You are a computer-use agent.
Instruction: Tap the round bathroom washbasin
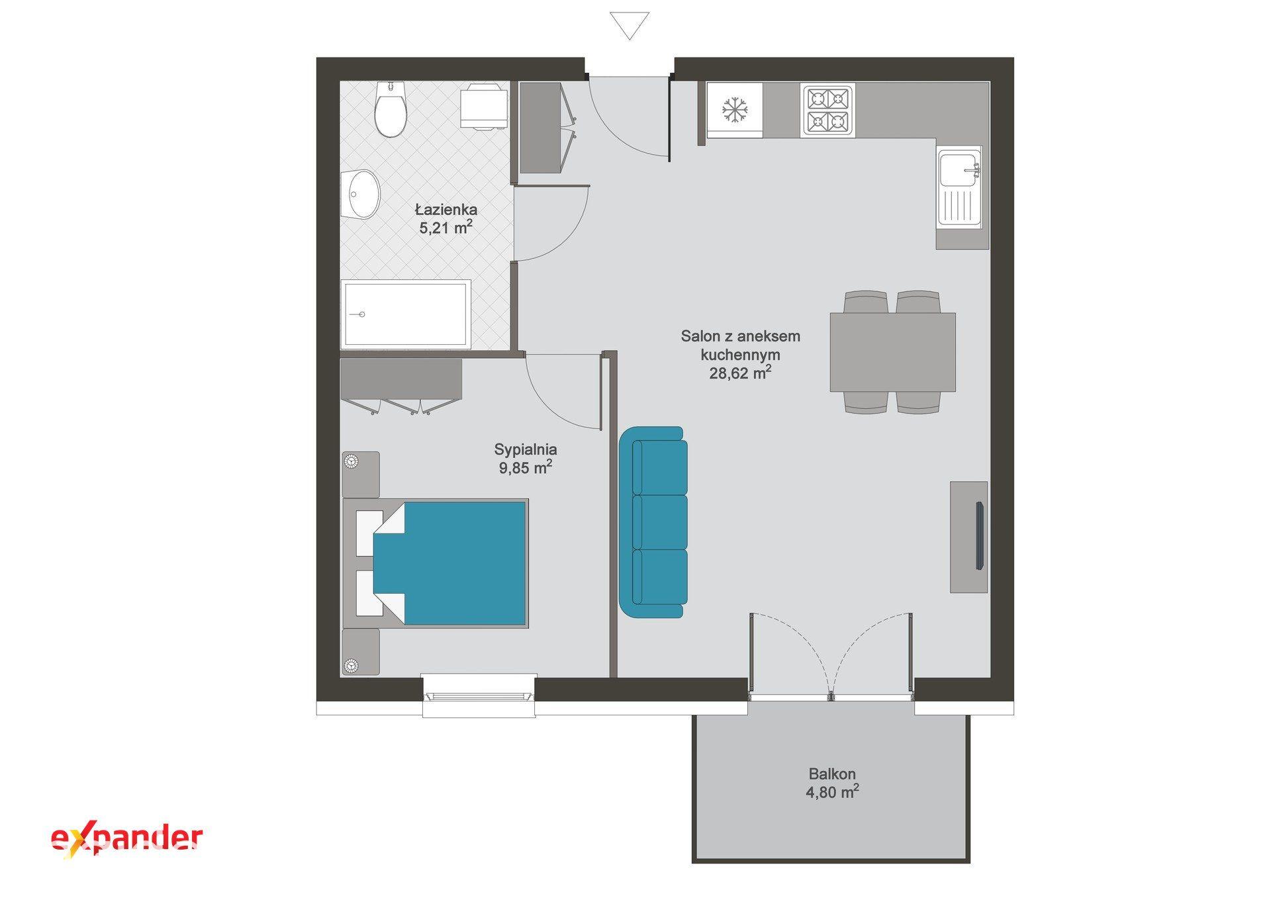pyautogui.click(x=361, y=194)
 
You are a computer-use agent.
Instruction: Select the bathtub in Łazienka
pyautogui.click(x=405, y=314)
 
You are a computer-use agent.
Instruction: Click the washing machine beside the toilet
pyautogui.click(x=484, y=105)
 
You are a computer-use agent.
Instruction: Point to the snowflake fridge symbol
pyautogui.click(x=733, y=110)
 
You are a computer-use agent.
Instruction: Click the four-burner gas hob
pyautogui.click(x=827, y=110)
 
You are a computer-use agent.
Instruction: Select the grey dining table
pyautogui.click(x=892, y=351)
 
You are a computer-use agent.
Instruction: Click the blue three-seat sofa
pyautogui.click(x=653, y=522)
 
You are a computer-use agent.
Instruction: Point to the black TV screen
pyautogui.click(x=979, y=535)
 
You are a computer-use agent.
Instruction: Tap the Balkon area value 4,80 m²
pyautogui.click(x=832, y=791)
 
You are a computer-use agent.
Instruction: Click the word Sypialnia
pyautogui.click(x=526, y=449)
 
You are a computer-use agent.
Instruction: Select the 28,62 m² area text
pyautogui.click(x=740, y=373)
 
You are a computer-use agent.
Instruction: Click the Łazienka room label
pyautogui.click(x=446, y=210)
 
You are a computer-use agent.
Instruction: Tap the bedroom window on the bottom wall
pyautogui.click(x=479, y=695)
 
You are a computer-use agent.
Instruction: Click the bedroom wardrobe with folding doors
pyautogui.click(x=401, y=386)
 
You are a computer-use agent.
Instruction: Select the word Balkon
pyautogui.click(x=832, y=774)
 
